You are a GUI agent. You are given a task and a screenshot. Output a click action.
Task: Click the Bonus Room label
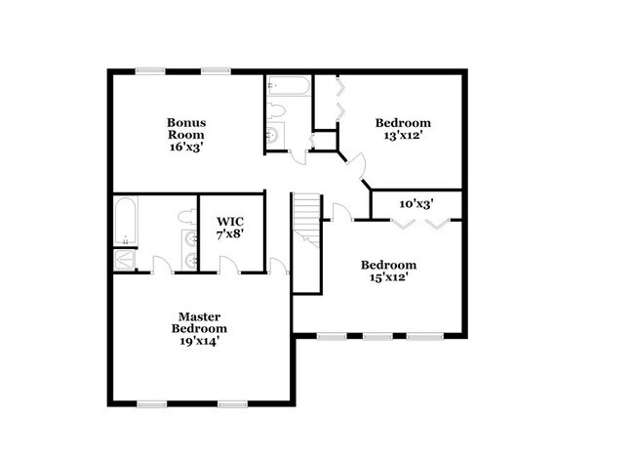pos(184,127)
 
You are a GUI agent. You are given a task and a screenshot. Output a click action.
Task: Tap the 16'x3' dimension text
pos(184,147)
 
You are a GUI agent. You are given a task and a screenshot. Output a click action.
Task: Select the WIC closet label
pos(229,221)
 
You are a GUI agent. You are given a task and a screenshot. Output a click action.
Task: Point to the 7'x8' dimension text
pos(229,234)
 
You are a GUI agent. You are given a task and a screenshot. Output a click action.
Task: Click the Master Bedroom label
pos(198,322)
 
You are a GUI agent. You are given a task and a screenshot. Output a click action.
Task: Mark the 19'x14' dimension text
pos(198,342)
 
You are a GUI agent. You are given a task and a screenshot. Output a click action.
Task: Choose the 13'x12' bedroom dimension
pos(403,137)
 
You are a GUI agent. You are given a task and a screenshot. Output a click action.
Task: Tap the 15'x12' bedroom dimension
pos(389,277)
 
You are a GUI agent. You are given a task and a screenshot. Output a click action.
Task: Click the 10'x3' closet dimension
pos(416,204)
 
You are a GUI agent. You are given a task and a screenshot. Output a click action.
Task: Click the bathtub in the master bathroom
pos(125,223)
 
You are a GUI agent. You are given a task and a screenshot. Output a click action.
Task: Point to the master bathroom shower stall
pos(124,259)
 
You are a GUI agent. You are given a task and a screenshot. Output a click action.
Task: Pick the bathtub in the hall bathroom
pos(289,90)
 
